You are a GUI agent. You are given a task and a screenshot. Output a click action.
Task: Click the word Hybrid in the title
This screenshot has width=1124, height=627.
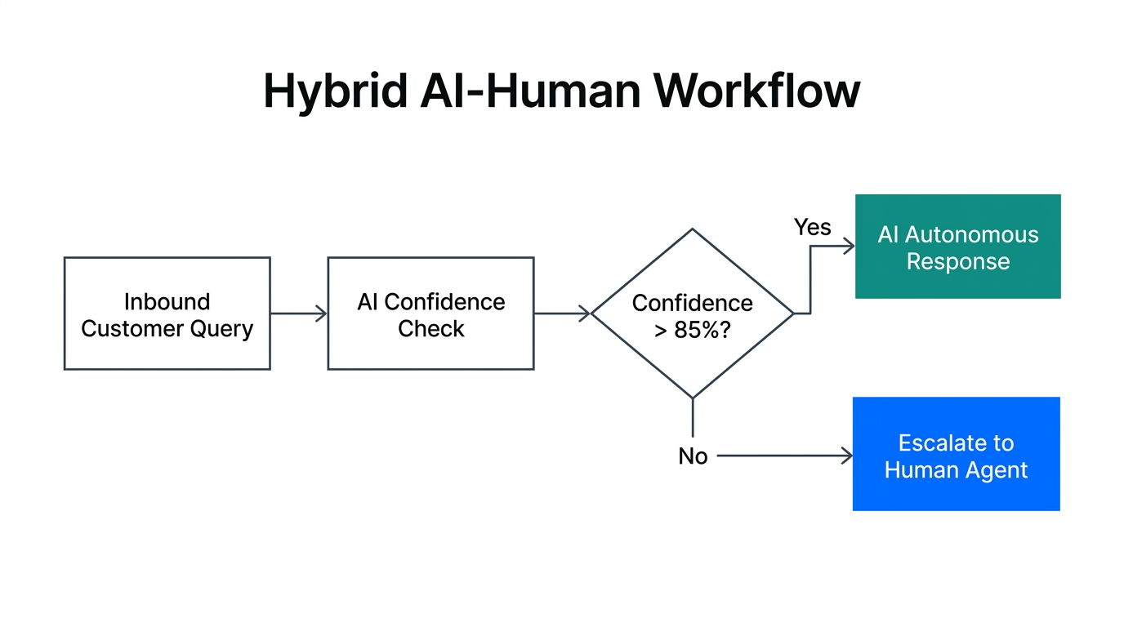[335, 91]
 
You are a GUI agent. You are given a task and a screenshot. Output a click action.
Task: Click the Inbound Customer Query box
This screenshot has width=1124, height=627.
[167, 313]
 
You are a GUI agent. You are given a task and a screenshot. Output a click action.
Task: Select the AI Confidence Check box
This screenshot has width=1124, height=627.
[430, 313]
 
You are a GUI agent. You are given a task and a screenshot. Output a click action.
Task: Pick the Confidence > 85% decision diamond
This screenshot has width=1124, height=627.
[692, 313]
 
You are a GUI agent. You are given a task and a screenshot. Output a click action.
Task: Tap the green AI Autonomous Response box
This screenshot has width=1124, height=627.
[957, 247]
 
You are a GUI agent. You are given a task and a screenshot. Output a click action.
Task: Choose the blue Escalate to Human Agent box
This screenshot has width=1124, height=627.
[956, 454]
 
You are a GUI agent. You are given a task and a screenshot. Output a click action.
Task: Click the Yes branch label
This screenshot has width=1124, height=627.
[812, 228]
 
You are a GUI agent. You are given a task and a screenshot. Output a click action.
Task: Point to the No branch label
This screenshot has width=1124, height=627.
[693, 456]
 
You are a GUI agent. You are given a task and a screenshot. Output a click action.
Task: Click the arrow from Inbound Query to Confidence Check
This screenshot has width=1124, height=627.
[298, 313]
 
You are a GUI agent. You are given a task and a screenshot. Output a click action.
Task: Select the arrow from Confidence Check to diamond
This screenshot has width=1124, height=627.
[562, 313]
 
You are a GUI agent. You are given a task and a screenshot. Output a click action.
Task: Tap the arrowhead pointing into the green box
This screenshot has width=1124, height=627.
[849, 246]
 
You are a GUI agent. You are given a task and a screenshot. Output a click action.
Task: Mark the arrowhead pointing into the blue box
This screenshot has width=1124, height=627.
[847, 456]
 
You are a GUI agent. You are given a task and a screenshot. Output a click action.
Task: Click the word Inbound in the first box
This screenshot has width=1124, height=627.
[167, 302]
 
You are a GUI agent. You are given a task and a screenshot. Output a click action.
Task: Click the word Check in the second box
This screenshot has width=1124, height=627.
[430, 329]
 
